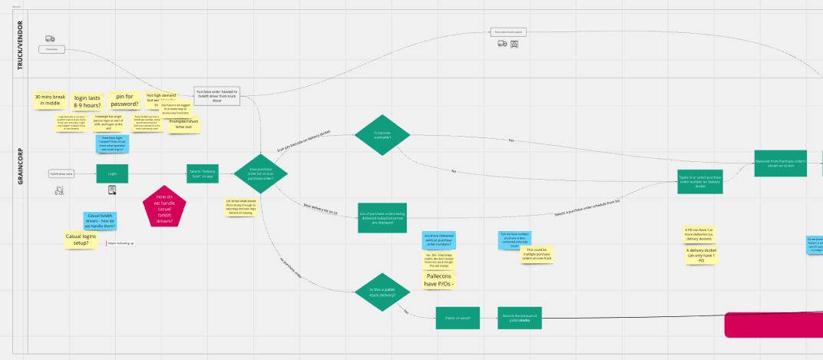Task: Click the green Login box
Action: [x=112, y=173]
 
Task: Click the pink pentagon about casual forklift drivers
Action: [x=164, y=206]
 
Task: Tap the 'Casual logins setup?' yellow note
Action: [x=81, y=239]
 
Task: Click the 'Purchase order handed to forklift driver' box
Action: [x=216, y=95]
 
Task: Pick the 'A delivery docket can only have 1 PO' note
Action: [x=699, y=255]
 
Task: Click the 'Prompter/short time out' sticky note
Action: [x=183, y=124]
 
